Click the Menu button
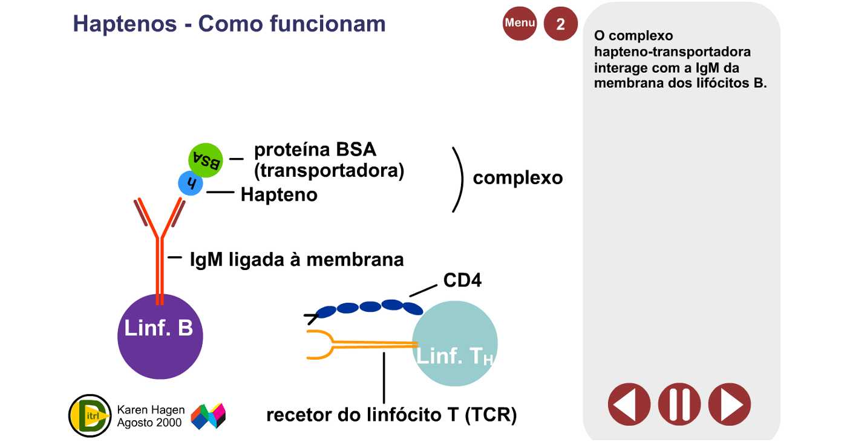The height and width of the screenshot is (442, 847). pyautogui.click(x=520, y=24)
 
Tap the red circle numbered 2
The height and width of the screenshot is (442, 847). pyautogui.click(x=560, y=24)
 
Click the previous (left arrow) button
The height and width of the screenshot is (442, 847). pyautogui.click(x=629, y=404)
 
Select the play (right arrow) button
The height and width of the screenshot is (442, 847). pyautogui.click(x=730, y=404)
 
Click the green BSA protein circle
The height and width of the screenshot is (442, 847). pyautogui.click(x=206, y=160)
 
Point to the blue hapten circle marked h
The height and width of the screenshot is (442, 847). pyautogui.click(x=191, y=183)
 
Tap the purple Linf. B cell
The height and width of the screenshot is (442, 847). pyautogui.click(x=160, y=337)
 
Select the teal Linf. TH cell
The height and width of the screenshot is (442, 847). pyautogui.click(x=455, y=344)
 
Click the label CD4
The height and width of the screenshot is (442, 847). pyautogui.click(x=462, y=280)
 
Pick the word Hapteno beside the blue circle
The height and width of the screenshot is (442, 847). pyautogui.click(x=279, y=195)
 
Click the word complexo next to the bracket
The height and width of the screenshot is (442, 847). pyautogui.click(x=518, y=178)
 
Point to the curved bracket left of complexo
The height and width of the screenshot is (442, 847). pyautogui.click(x=462, y=179)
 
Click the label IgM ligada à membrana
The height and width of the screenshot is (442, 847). pyautogui.click(x=297, y=260)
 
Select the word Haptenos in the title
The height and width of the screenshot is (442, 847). pyautogui.click(x=125, y=24)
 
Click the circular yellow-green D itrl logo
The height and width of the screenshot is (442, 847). pyautogui.click(x=90, y=415)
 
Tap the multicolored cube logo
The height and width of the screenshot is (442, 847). pyautogui.click(x=208, y=416)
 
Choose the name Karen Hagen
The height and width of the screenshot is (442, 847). pyautogui.click(x=151, y=410)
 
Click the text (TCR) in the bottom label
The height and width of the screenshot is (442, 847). pyautogui.click(x=491, y=415)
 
